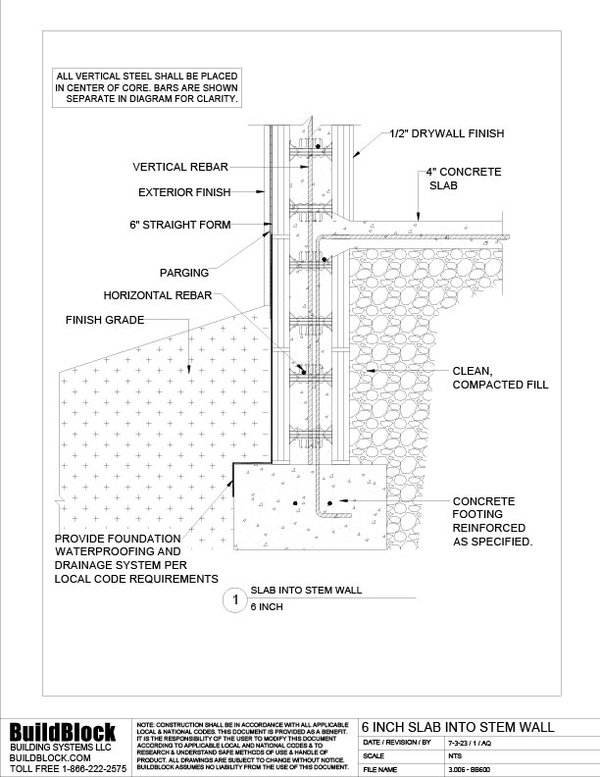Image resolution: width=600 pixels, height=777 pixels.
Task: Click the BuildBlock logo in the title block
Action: (63, 732)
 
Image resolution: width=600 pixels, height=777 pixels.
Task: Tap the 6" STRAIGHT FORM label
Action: (179, 225)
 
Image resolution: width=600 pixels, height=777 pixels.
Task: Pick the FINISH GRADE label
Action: (105, 320)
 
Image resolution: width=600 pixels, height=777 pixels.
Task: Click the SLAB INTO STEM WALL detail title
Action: (307, 591)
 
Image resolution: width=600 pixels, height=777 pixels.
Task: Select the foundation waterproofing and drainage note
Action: (136, 559)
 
